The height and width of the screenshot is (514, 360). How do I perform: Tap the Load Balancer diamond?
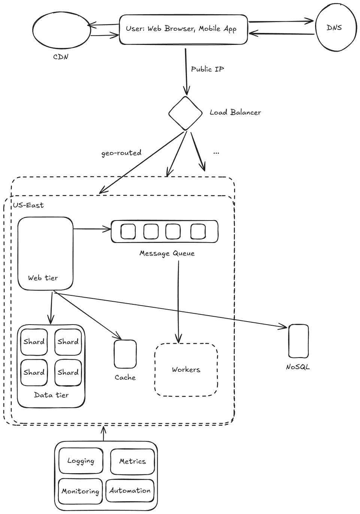(x=185, y=113)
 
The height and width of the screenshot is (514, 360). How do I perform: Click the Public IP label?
(x=207, y=69)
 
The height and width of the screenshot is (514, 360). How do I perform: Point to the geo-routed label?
(x=121, y=153)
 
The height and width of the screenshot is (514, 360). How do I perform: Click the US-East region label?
(x=28, y=205)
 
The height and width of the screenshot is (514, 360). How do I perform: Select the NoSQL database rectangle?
(x=299, y=341)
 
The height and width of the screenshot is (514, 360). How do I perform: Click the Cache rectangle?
(x=125, y=354)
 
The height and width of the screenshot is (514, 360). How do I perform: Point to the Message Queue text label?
(x=167, y=253)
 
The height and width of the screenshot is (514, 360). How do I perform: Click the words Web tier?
(x=43, y=278)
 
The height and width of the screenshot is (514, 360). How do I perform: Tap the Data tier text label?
(x=51, y=395)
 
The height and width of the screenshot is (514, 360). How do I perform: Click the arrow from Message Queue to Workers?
(x=178, y=302)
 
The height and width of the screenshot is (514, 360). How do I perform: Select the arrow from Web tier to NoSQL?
(x=171, y=310)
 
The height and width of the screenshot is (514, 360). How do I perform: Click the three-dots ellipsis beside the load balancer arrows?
(x=216, y=153)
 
